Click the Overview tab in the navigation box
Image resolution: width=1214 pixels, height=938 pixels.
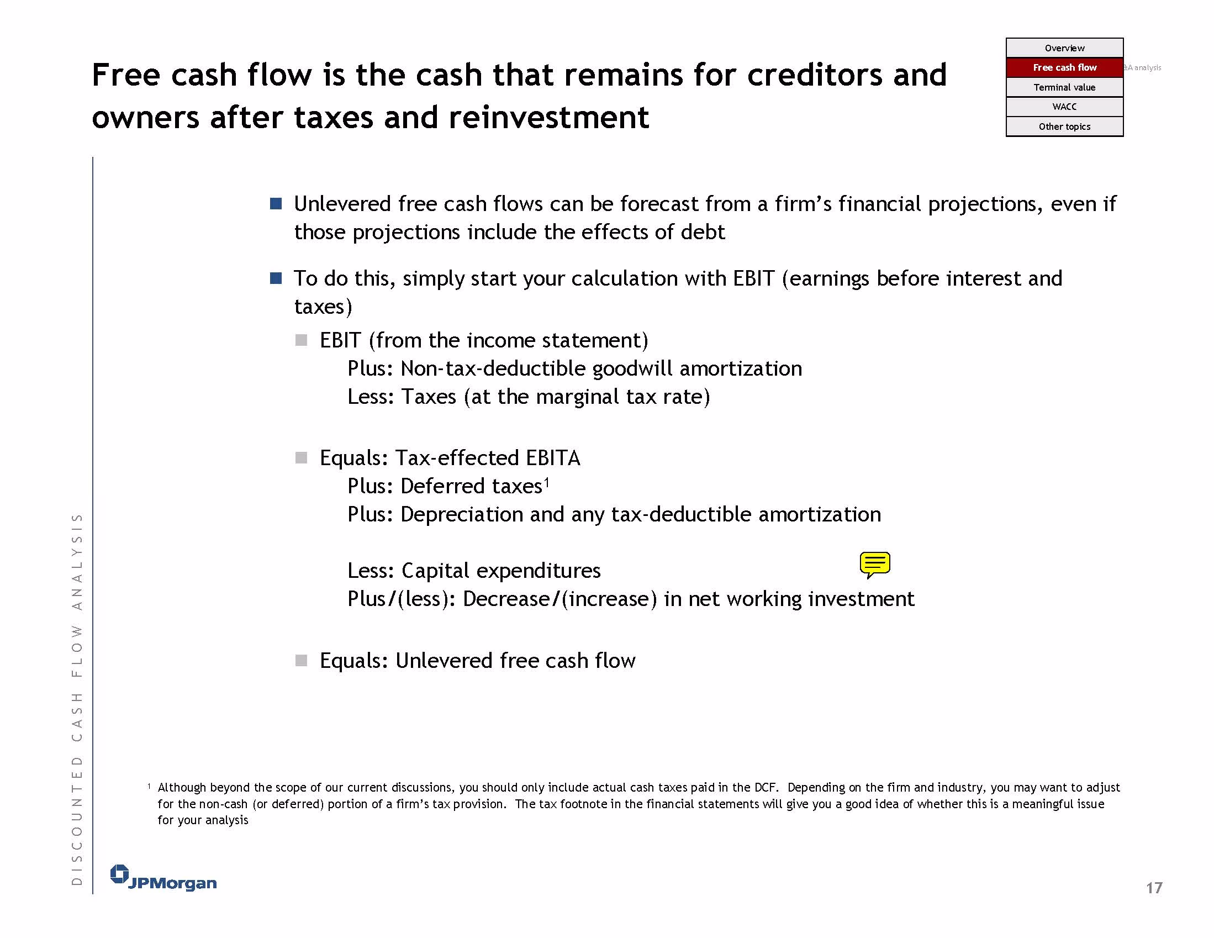coord(1064,48)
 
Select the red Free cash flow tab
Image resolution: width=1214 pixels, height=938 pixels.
coord(1064,67)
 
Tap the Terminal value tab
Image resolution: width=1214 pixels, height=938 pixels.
coord(1064,87)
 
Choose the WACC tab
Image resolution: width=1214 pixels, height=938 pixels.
coord(1064,107)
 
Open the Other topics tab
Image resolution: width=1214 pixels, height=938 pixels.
coord(1064,126)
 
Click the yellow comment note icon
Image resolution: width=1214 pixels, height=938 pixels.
coord(874,565)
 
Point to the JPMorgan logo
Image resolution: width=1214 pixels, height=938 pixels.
coord(163,877)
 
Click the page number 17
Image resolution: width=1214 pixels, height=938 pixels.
coord(1154,887)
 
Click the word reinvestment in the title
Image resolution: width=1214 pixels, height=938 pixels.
coord(548,117)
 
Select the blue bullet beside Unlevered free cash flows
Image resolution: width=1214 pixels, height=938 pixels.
coord(276,203)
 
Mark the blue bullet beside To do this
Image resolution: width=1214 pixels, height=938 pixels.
coord(276,278)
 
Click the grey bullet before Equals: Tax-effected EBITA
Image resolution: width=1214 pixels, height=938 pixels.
coord(301,457)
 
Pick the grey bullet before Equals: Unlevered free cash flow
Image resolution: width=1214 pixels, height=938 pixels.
coord(301,661)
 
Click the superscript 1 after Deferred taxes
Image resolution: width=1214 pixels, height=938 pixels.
coord(546,482)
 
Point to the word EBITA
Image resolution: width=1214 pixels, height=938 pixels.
coord(552,457)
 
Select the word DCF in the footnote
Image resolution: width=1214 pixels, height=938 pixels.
coord(765,787)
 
